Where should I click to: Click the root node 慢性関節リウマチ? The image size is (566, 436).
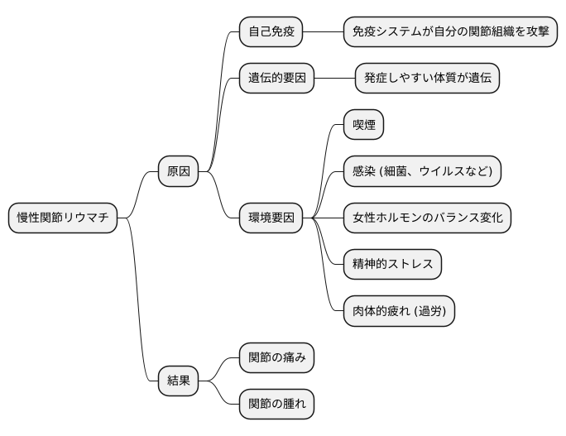[63, 218]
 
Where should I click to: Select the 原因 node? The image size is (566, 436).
[179, 171]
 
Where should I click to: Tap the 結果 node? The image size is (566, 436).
[179, 381]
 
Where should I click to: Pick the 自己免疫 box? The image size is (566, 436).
[271, 32]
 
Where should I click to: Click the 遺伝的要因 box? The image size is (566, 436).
[277, 79]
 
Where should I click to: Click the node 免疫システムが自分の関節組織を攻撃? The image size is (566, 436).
[449, 32]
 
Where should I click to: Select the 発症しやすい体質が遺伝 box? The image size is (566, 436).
[427, 79]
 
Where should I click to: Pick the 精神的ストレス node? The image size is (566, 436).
[392, 265]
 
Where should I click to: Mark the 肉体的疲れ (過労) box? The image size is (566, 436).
[399, 311]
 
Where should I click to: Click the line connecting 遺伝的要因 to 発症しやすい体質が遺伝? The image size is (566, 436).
[335, 79]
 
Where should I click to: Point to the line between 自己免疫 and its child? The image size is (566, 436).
[323, 32]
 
